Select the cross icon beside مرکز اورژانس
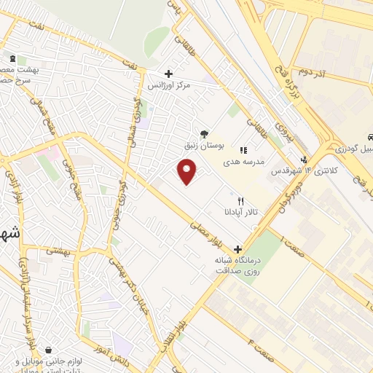point(169,74)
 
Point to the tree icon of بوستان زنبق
point(204,133)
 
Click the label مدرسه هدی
point(252,161)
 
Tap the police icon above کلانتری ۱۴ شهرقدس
point(304,160)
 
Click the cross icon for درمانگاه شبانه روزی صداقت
point(237,248)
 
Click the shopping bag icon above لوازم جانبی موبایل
point(48,350)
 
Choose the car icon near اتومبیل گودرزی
point(370,137)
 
